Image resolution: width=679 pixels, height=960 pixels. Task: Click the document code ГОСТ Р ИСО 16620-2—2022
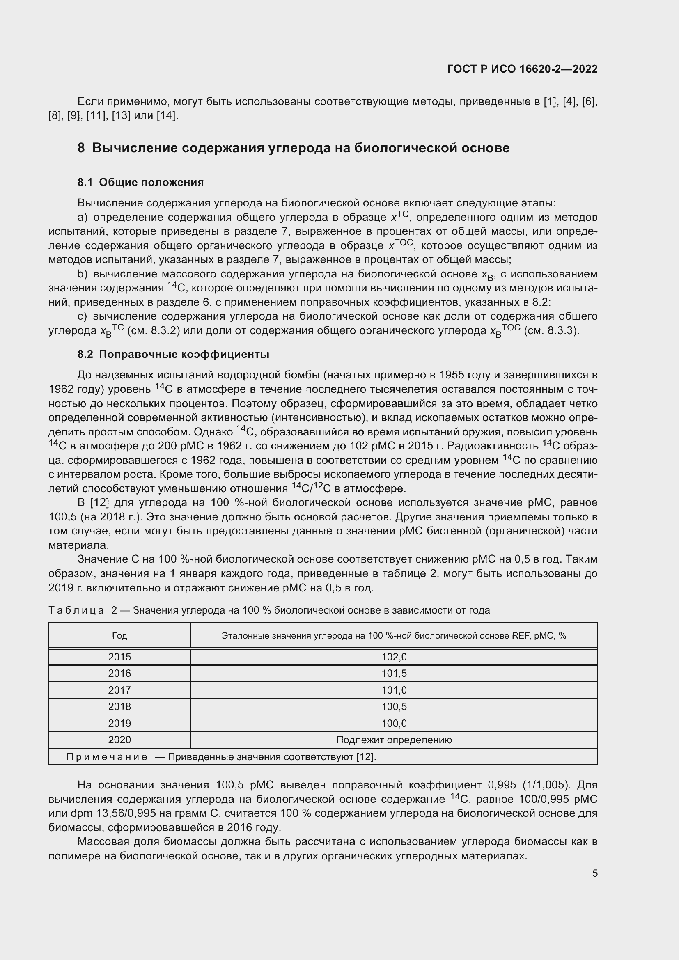click(x=522, y=69)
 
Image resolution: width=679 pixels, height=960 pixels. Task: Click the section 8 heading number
click(x=81, y=148)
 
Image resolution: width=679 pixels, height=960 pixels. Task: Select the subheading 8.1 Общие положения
click(x=140, y=182)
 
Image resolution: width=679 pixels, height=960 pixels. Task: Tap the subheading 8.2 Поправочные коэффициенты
click(x=173, y=355)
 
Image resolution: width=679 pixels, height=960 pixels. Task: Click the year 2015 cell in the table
click(x=119, y=657)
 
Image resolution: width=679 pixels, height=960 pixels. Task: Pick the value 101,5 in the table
click(x=394, y=673)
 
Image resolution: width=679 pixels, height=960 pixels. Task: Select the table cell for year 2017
click(x=119, y=690)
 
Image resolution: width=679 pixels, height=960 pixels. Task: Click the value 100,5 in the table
click(x=394, y=707)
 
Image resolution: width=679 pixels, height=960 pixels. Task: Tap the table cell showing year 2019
click(x=119, y=723)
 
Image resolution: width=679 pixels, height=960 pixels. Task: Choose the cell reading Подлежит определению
click(x=394, y=740)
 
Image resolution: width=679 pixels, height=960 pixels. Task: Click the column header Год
click(x=119, y=635)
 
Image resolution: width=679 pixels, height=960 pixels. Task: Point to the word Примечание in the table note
click(x=107, y=757)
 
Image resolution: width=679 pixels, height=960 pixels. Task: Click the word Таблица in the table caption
click(x=76, y=610)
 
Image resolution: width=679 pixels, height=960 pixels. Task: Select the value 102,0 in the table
click(x=394, y=657)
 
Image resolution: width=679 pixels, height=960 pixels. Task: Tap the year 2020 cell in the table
click(x=119, y=740)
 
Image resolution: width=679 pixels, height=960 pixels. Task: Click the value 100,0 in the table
click(x=394, y=723)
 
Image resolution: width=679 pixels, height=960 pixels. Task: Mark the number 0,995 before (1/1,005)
click(x=499, y=785)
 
